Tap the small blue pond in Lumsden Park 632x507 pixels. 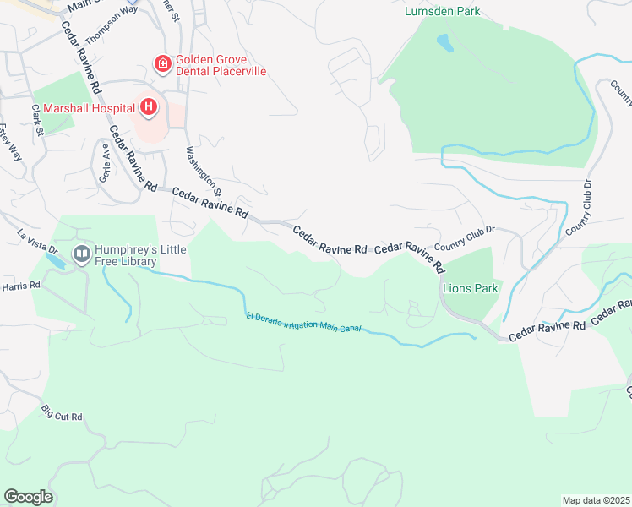click(x=443, y=41)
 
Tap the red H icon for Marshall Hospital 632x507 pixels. click(x=149, y=106)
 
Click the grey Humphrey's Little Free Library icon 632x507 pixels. click(x=82, y=253)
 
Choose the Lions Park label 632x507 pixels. click(x=470, y=289)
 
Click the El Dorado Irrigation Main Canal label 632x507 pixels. click(x=303, y=322)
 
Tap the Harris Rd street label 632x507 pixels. click(x=20, y=286)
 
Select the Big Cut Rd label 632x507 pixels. click(x=62, y=413)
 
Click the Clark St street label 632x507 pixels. click(x=36, y=120)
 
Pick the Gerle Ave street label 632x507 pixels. click(x=105, y=166)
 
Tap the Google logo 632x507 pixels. click(x=28, y=497)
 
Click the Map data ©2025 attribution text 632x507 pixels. click(x=595, y=500)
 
